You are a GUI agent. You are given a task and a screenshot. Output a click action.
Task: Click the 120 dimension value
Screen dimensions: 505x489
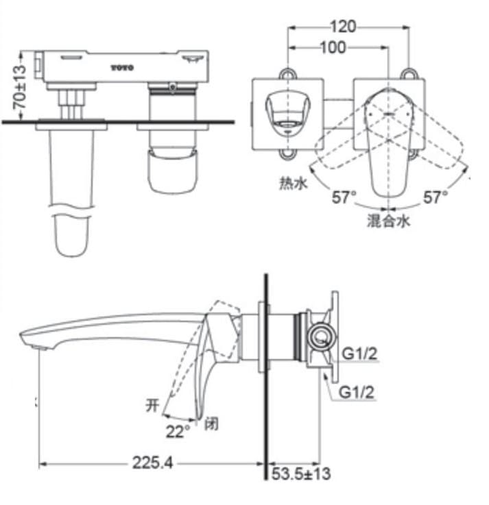pos(343,27)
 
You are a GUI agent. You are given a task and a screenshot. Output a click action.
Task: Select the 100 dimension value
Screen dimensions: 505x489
pos(333,47)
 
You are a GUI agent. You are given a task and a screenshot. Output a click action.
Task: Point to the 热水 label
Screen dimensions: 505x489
pos(291,183)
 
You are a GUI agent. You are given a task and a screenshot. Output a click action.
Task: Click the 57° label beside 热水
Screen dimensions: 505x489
pos(344,198)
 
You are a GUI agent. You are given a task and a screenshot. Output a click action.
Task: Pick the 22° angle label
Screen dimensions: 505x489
pos(176,432)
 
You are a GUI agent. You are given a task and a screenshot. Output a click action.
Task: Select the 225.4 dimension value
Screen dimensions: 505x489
pos(152,464)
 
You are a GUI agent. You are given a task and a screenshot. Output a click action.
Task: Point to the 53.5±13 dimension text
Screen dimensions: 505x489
pos(301,473)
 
